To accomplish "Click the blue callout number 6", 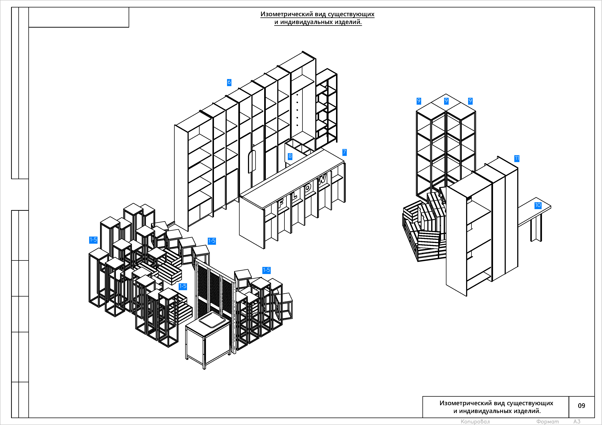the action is pyautogui.click(x=229, y=82).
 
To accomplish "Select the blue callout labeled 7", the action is pyautogui.click(x=345, y=152).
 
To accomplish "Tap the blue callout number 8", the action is pyautogui.click(x=290, y=156).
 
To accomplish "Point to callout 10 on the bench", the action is pyautogui.click(x=538, y=205).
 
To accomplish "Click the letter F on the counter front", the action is pyautogui.click(x=281, y=203).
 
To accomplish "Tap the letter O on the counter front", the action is pyautogui.click(x=308, y=188).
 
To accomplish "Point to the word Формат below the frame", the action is pyautogui.click(x=547, y=422).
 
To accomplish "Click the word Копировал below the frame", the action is pyautogui.click(x=475, y=422).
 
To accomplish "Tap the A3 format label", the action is pyautogui.click(x=577, y=421).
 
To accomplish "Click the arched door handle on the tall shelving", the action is pyautogui.click(x=252, y=162).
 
